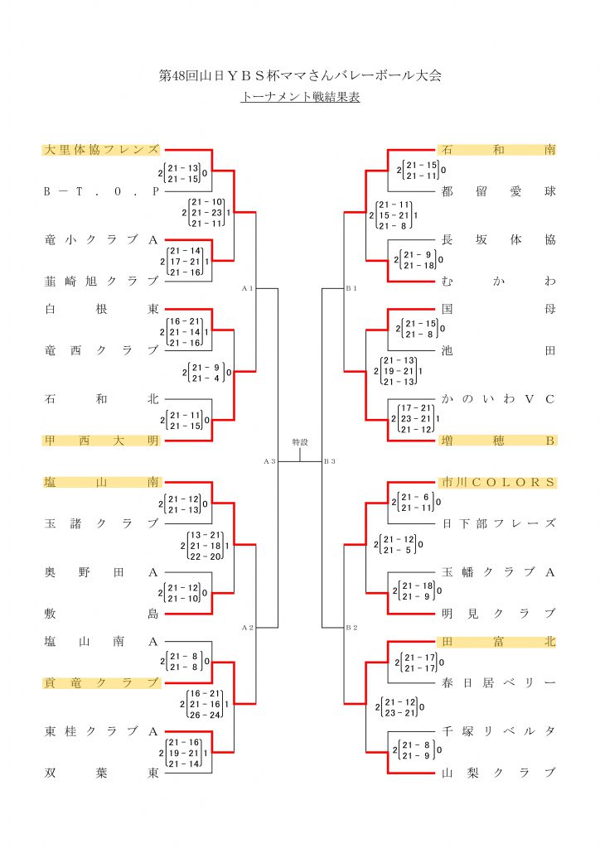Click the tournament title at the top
click(x=299, y=75)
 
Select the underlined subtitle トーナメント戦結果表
click(x=299, y=97)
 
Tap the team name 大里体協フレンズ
click(x=100, y=150)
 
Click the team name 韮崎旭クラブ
click(x=100, y=282)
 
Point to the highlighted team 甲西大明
click(x=100, y=441)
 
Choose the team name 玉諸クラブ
click(x=100, y=523)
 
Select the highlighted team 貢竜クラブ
click(x=100, y=682)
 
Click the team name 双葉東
click(x=100, y=773)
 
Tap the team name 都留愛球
click(x=498, y=191)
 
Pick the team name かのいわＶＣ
click(x=498, y=399)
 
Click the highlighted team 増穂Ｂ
click(x=498, y=441)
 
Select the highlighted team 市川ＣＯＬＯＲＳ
click(x=498, y=482)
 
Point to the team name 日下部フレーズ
click(x=498, y=523)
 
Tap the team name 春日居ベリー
click(x=498, y=682)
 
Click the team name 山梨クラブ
click(x=498, y=773)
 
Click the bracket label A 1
click(x=246, y=288)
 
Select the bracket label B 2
click(x=351, y=628)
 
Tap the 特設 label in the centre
click(x=299, y=442)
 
